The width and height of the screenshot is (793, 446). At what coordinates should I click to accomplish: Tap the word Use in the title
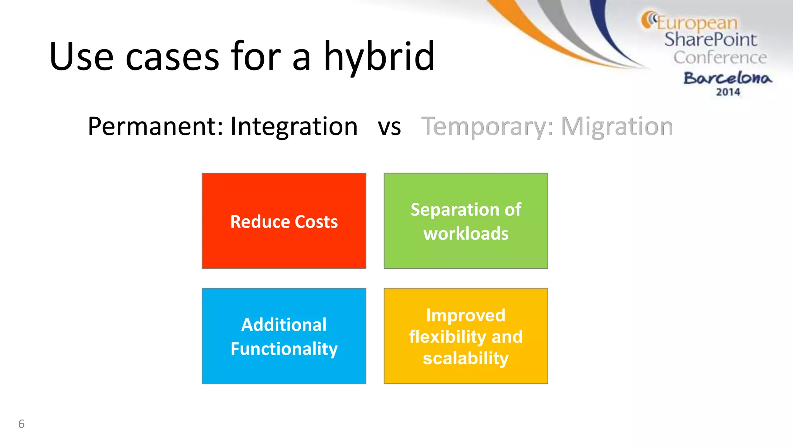pyautogui.click(x=81, y=57)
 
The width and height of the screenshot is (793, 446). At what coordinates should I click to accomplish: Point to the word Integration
pyautogui.click(x=294, y=127)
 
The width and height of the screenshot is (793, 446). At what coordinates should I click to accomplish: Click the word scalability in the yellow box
pyautogui.click(x=466, y=358)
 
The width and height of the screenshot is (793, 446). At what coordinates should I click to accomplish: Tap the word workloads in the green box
pyautogui.click(x=466, y=234)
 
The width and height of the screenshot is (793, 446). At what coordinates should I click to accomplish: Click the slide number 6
pyautogui.click(x=21, y=424)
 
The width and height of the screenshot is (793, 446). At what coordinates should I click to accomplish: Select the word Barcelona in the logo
pyautogui.click(x=728, y=78)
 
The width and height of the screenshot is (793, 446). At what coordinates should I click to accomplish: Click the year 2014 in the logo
pyautogui.click(x=728, y=92)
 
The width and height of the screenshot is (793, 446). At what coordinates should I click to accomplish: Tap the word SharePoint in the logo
pyautogui.click(x=710, y=39)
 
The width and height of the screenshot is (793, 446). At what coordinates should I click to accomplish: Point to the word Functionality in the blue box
pyautogui.click(x=284, y=349)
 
